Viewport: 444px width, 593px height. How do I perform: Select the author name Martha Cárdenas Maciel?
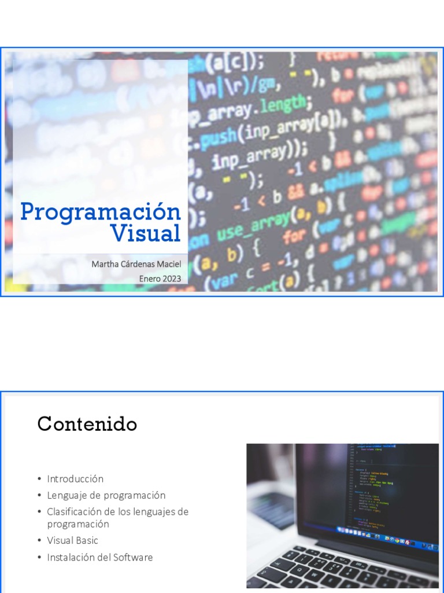pos(136,265)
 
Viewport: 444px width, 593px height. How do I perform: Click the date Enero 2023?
pos(160,279)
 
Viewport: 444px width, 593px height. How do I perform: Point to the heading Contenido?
pos(87,424)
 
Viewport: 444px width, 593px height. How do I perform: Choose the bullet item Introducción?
pos(75,479)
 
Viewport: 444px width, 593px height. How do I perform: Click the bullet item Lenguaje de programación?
pos(106,496)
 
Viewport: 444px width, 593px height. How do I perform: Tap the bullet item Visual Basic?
pos(73,540)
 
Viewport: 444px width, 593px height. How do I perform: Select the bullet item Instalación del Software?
pos(100,558)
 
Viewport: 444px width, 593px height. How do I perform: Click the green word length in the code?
pos(283,107)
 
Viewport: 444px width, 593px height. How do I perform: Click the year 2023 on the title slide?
pos(171,279)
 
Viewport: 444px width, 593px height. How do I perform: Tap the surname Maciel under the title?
pos(168,265)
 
